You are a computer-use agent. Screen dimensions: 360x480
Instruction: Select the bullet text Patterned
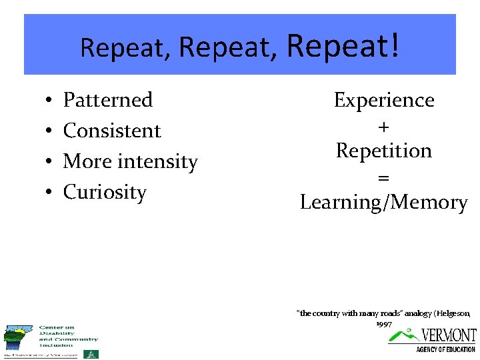(107, 100)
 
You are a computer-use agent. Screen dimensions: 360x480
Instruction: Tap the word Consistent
(112, 131)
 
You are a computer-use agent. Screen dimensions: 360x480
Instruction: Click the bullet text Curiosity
(105, 192)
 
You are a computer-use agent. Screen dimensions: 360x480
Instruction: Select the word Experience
(383, 100)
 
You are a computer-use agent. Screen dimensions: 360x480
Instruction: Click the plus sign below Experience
(383, 126)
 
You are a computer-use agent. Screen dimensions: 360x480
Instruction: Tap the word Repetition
(383, 151)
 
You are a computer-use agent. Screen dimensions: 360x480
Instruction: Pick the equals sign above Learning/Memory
(383, 177)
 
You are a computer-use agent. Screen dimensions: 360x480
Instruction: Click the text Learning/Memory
(383, 202)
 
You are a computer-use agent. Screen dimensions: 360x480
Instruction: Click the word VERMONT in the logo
(449, 335)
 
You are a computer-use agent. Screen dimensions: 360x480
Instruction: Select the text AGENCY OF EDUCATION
(445, 349)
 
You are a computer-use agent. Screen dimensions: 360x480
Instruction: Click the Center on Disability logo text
(67, 336)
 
